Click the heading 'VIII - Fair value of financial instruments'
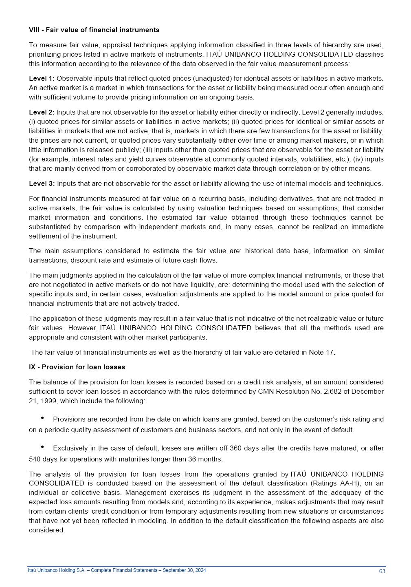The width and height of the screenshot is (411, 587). pyautogui.click(x=94, y=30)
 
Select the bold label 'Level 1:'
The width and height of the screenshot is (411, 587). pyautogui.click(x=42, y=78)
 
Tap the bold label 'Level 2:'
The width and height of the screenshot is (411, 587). pyautogui.click(x=42, y=112)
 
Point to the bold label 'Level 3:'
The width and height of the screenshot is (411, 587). pyautogui.click(x=42, y=183)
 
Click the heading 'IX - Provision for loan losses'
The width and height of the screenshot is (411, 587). pyautogui.click(x=77, y=367)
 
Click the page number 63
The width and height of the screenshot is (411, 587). pyautogui.click(x=382, y=571)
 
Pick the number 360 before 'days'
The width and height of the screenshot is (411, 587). pyautogui.click(x=236, y=448)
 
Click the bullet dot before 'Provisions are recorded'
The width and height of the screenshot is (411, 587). pyautogui.click(x=42, y=418)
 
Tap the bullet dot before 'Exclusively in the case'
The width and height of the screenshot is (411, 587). pyautogui.click(x=42, y=447)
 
